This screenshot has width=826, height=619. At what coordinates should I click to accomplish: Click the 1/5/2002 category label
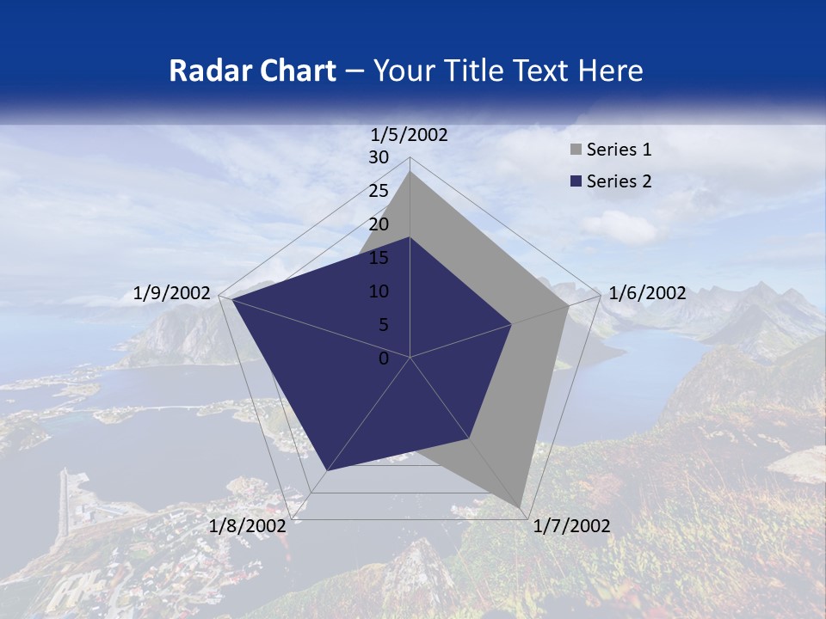tap(410, 134)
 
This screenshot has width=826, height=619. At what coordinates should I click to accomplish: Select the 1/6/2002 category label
tap(647, 293)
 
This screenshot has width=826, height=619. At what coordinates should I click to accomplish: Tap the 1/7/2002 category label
tap(571, 526)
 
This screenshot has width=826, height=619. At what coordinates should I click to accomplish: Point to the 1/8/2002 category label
tap(248, 526)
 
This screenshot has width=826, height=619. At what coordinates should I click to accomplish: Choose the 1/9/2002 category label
tap(172, 293)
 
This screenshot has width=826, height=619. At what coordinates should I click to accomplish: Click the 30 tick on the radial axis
tap(379, 157)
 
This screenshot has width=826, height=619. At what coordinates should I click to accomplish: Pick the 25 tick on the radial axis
tap(379, 191)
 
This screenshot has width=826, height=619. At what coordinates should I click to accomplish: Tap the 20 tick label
tap(379, 224)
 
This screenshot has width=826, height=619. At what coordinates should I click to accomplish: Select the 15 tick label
tap(379, 258)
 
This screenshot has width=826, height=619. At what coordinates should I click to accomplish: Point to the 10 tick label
tap(379, 291)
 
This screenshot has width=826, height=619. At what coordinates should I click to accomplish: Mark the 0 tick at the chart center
tap(384, 359)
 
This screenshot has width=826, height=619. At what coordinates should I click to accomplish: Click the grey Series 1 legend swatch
tap(576, 150)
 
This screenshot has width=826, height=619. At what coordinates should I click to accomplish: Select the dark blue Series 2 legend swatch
tap(576, 181)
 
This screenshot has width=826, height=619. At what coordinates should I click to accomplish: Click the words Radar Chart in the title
tap(252, 70)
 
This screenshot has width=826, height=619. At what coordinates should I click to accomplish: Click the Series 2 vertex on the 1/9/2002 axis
tap(232, 299)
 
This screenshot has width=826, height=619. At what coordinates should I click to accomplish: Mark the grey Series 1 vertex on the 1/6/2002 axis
tap(569, 305)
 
